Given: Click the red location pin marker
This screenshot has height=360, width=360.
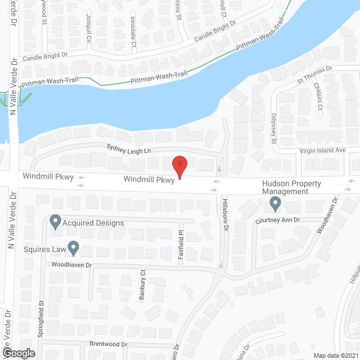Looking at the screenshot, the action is (x=179, y=166).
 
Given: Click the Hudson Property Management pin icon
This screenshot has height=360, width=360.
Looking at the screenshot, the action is (x=275, y=202).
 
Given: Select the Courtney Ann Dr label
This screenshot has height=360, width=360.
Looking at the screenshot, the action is (x=279, y=220).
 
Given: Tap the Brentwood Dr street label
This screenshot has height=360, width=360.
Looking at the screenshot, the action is (x=109, y=344).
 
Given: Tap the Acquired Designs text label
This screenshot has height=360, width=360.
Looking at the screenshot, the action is (x=93, y=223).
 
